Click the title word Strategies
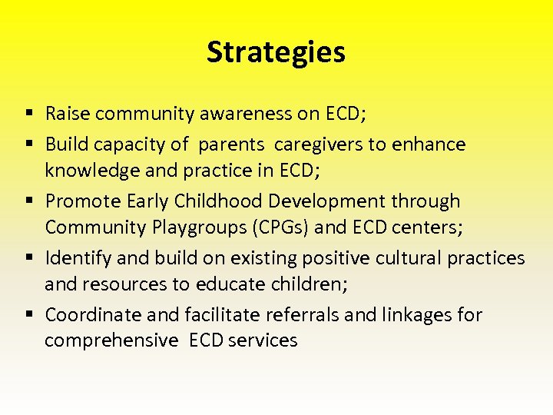coord(276,52)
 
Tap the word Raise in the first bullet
coord(67,115)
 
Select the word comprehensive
coord(111,341)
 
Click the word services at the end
coord(262,341)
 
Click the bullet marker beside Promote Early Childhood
coord(28,201)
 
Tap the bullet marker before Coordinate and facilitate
coord(28,315)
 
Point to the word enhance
coord(431,144)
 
